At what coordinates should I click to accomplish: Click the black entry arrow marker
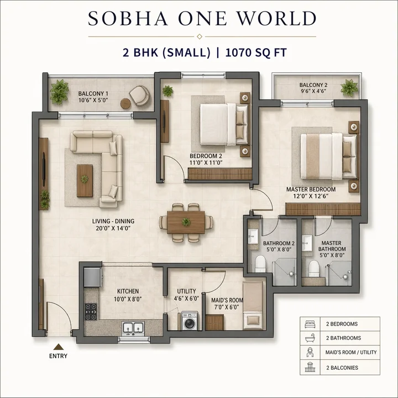click(x=58, y=347)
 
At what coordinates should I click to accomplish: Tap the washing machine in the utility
click(x=190, y=321)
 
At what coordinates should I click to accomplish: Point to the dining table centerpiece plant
click(x=186, y=222)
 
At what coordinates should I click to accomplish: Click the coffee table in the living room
click(x=85, y=180)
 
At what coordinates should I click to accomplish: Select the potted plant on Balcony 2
click(x=349, y=87)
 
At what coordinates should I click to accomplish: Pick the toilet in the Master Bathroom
click(x=314, y=268)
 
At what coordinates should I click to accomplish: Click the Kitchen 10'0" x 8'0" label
click(x=128, y=295)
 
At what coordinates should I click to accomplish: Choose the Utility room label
click(x=186, y=295)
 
